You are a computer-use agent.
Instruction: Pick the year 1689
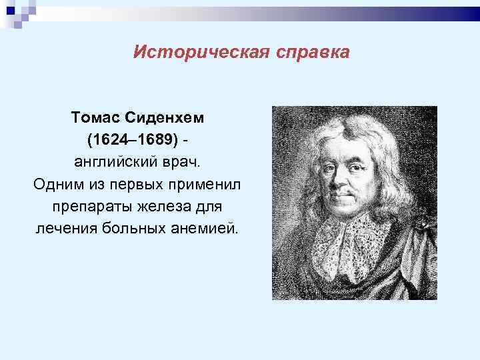156,139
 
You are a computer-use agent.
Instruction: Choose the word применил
213,185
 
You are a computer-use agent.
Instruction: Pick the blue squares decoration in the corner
20,12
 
